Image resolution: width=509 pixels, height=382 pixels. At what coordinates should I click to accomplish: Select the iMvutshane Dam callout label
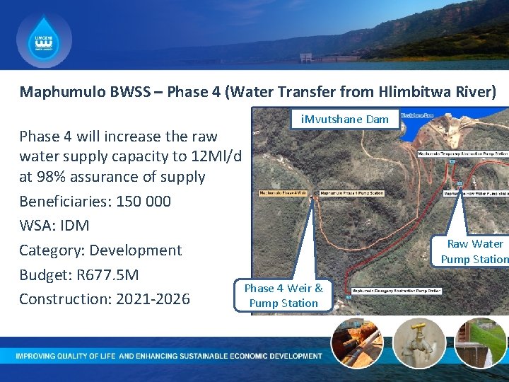pos(345,119)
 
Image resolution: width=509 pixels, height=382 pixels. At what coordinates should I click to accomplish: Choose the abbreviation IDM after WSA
pos(75,226)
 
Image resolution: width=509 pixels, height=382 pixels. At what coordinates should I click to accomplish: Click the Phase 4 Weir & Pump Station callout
pos(283,296)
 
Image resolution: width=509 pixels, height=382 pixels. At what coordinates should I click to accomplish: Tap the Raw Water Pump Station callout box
pos(474,251)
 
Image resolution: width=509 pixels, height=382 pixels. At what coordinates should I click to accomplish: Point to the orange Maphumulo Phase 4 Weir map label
pos(283,192)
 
